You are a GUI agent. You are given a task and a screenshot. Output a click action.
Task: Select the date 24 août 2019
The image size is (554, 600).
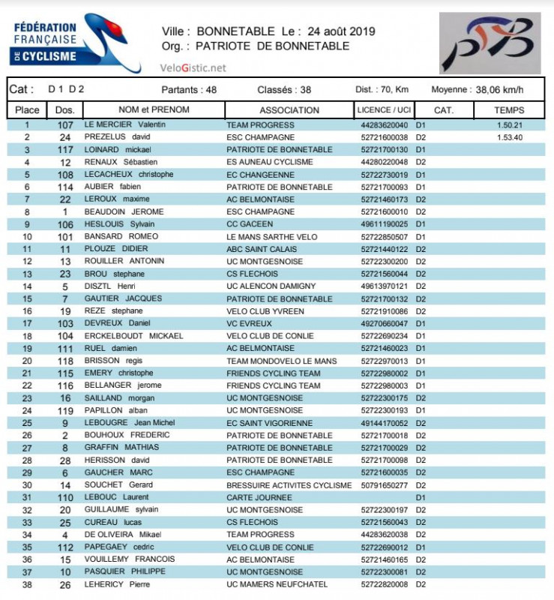click(341, 31)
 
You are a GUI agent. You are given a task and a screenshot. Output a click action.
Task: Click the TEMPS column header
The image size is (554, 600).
click(509, 110)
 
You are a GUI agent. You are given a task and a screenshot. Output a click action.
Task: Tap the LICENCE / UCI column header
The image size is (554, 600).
click(384, 110)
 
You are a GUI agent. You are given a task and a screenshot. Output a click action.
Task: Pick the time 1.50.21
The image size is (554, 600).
click(509, 125)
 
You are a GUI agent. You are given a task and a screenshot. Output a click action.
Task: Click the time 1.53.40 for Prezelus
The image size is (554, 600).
click(509, 137)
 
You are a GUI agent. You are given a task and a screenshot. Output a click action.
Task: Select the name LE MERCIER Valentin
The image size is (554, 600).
click(124, 125)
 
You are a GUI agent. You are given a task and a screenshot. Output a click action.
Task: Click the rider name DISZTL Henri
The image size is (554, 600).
click(109, 286)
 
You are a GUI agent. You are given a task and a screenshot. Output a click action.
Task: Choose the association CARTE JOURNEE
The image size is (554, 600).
click(259, 497)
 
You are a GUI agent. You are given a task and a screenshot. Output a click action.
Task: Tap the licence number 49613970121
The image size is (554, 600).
click(385, 286)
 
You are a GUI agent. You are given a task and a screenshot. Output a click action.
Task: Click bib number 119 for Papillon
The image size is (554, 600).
click(65, 411)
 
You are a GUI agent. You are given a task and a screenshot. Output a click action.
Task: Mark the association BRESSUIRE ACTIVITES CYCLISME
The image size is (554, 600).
click(289, 485)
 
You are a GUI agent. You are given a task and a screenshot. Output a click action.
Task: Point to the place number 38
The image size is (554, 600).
click(28, 584)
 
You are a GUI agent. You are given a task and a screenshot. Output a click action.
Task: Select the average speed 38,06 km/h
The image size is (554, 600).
click(499, 90)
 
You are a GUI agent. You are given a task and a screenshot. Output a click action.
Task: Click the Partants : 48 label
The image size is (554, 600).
click(189, 90)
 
